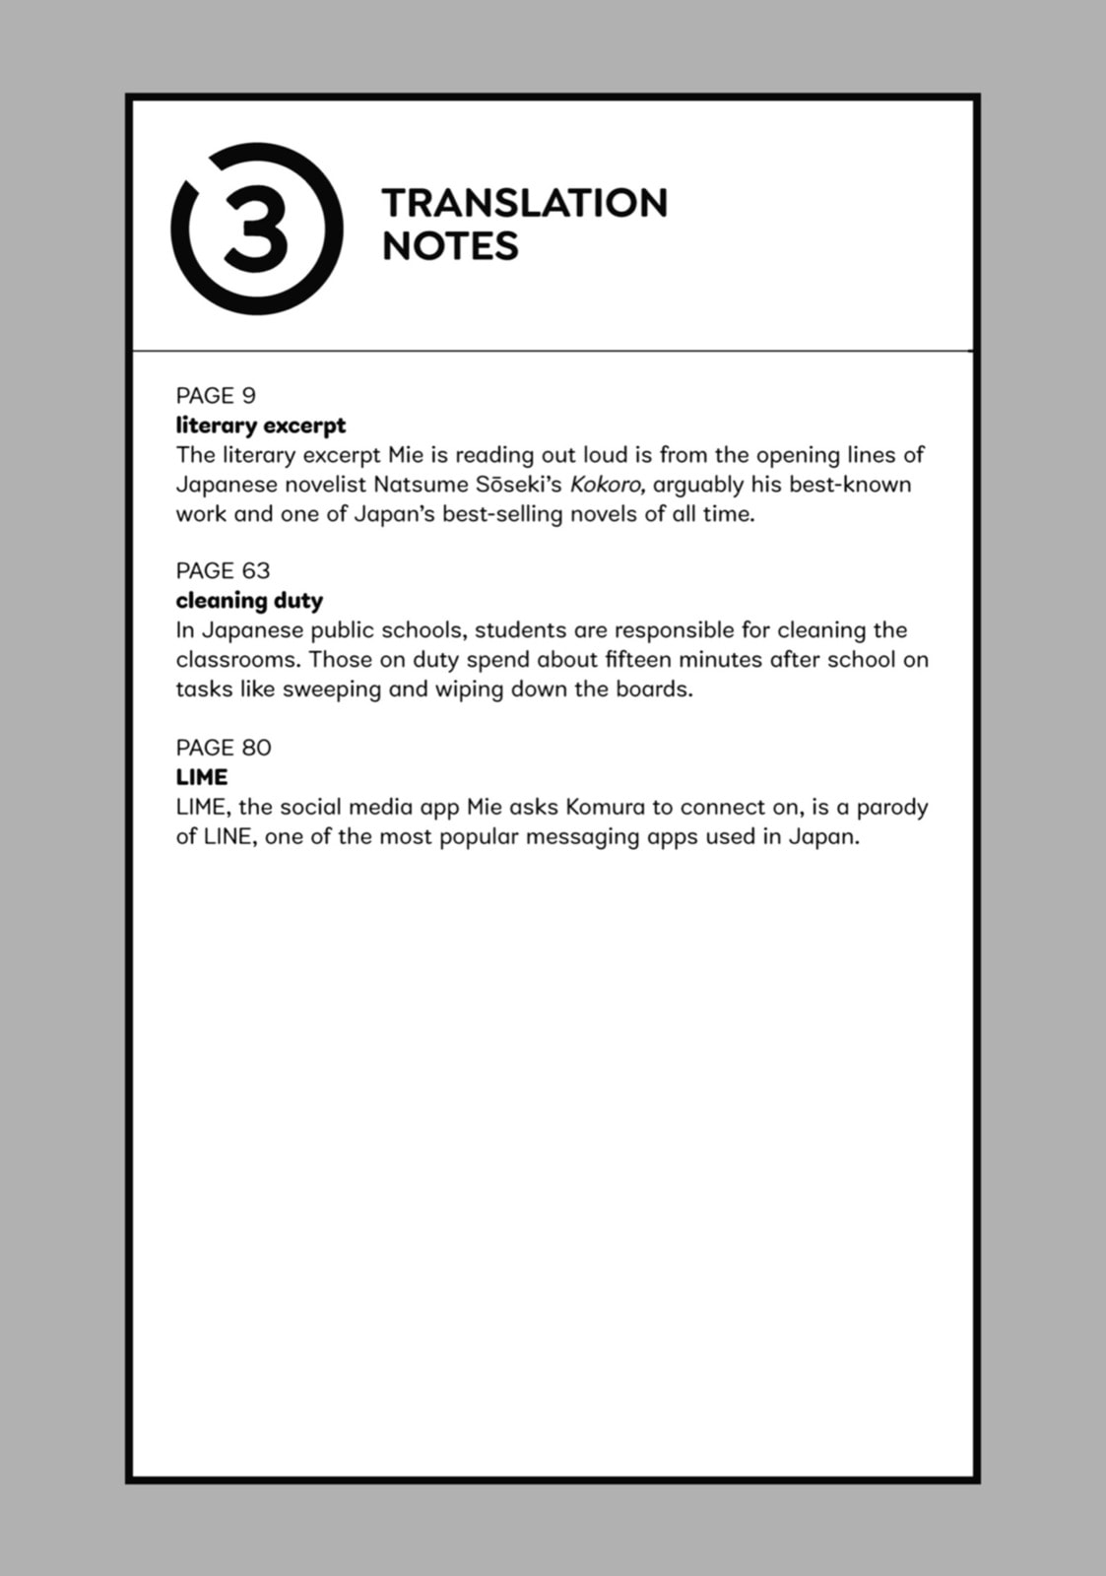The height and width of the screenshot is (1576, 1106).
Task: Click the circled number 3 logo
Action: pyautogui.click(x=257, y=230)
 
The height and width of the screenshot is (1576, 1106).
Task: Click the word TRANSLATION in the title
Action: pyautogui.click(x=524, y=203)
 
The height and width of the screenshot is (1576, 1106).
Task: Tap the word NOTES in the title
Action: pyautogui.click(x=449, y=246)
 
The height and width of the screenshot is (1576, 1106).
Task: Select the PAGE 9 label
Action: pyautogui.click(x=216, y=396)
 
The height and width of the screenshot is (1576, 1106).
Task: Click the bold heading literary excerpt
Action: pyautogui.click(x=261, y=426)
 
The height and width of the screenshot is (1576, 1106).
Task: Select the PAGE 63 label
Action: pyautogui.click(x=223, y=571)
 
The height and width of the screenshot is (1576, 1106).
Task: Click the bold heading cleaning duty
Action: pyautogui.click(x=249, y=601)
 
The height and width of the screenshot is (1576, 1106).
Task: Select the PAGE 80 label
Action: pyautogui.click(x=224, y=748)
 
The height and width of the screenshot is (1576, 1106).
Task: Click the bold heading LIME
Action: pyautogui.click(x=202, y=777)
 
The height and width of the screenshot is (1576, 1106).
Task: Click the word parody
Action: pyautogui.click(x=891, y=808)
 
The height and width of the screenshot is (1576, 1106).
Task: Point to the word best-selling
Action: pyautogui.click(x=502, y=514)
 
